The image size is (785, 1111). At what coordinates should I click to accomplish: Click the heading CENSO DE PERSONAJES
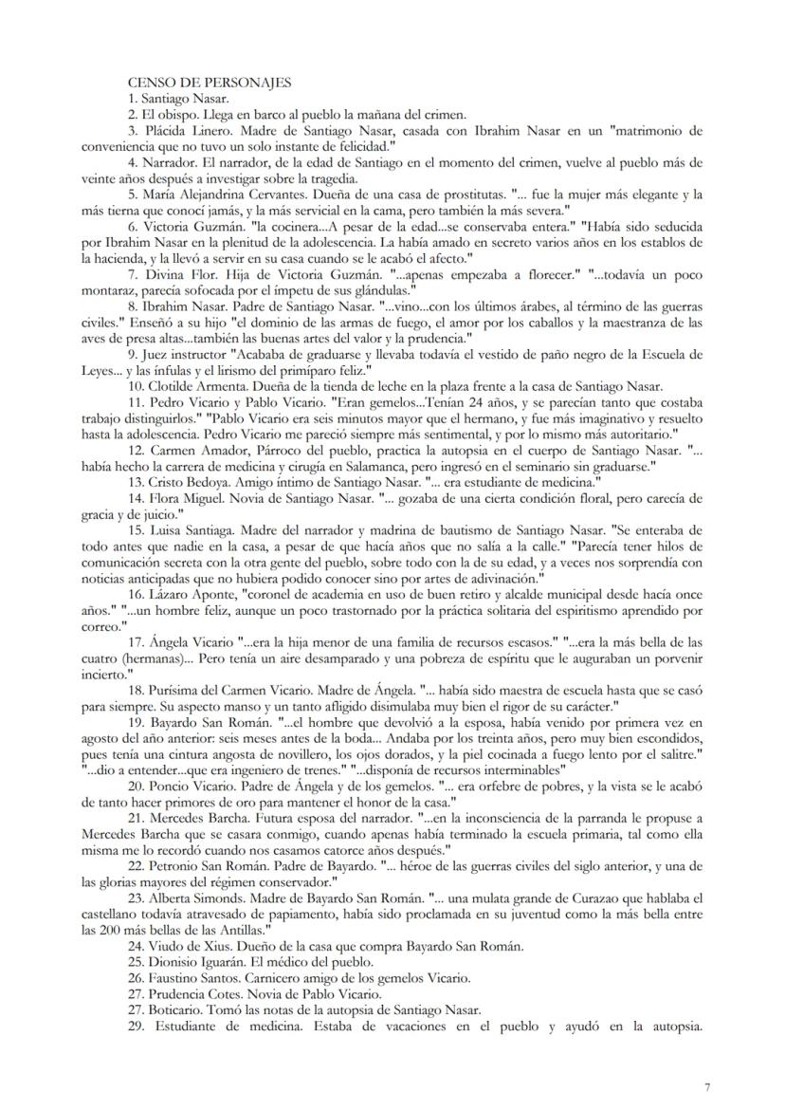pos(197,83)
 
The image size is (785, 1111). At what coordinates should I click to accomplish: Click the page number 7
pos(707,1086)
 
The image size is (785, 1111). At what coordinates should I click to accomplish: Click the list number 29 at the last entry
pos(135,1041)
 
